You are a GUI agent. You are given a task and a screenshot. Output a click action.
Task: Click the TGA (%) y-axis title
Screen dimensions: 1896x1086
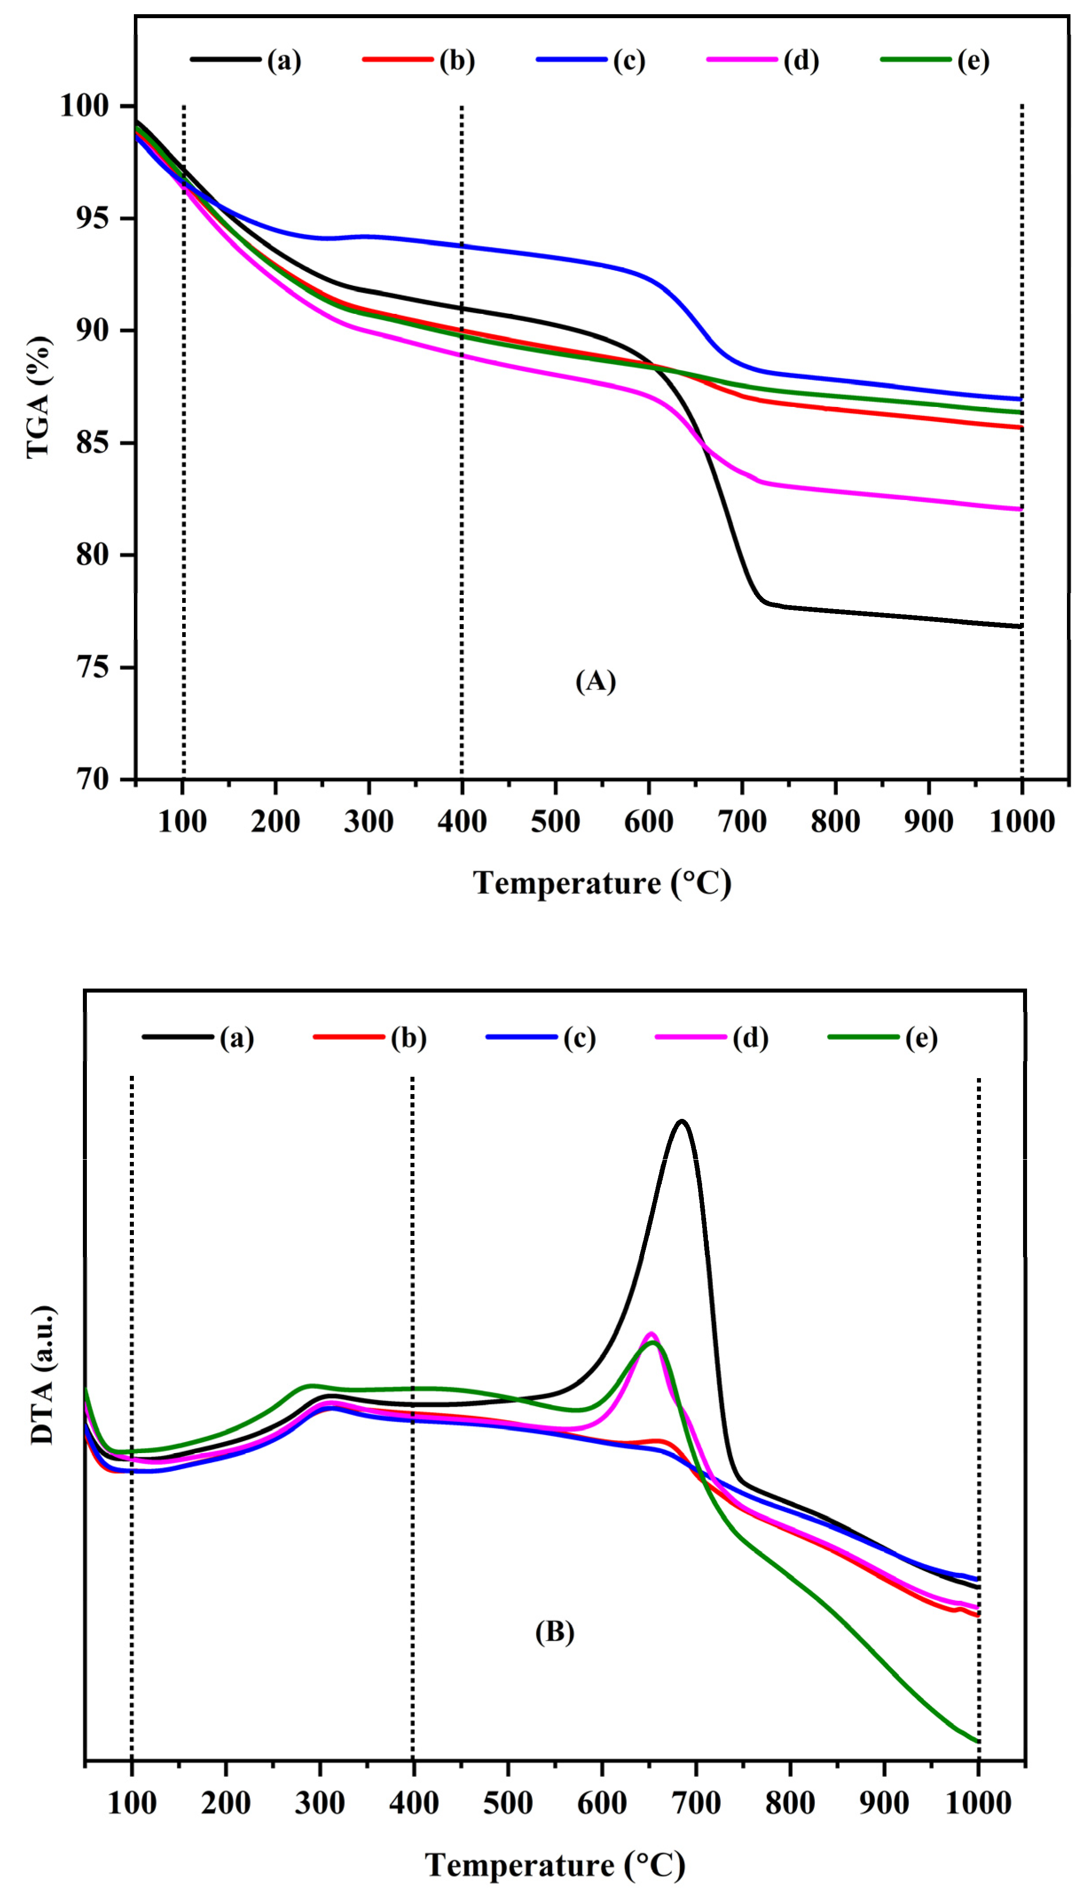[x=39, y=396]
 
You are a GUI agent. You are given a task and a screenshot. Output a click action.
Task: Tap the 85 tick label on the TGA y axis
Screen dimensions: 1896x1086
[x=93, y=442]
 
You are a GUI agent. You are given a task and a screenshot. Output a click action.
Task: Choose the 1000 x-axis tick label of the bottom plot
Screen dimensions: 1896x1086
[x=978, y=1803]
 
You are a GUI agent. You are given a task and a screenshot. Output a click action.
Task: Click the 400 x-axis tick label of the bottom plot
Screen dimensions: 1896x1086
[x=413, y=1803]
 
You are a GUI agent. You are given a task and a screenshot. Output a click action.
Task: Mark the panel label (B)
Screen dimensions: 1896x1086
[x=554, y=1632]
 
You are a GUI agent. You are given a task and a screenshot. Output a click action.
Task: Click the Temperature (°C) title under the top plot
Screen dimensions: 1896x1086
[x=602, y=883]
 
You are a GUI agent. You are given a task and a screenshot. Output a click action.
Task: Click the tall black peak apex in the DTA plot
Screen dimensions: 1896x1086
[x=681, y=1121]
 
